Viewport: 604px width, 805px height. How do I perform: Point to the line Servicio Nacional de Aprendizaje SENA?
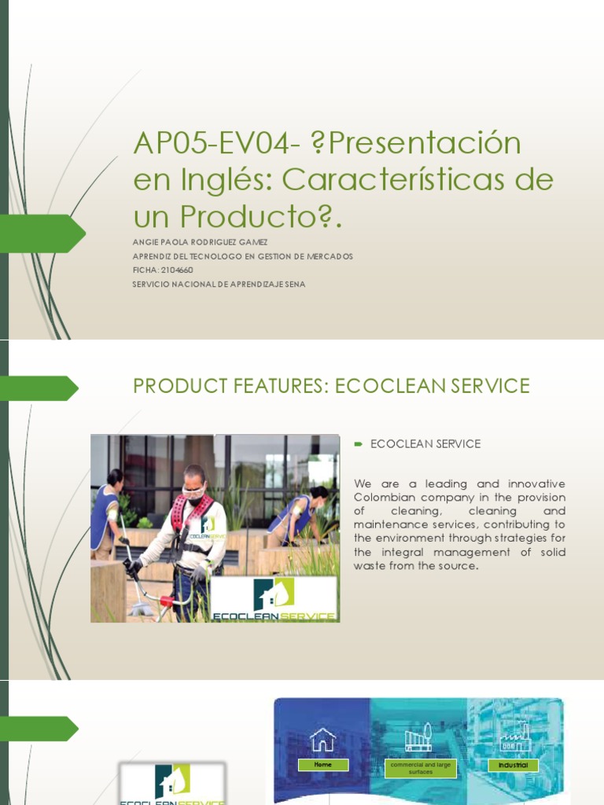pos(219,284)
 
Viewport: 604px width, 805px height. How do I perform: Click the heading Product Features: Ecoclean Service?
pos(331,386)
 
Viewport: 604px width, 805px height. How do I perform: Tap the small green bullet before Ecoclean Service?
pos(358,444)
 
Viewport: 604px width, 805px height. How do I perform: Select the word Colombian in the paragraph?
pos(383,498)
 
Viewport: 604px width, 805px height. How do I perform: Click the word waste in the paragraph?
pos(370,565)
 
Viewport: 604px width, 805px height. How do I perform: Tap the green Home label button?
pos(322,764)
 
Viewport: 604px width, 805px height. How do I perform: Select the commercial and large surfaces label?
pos(420,768)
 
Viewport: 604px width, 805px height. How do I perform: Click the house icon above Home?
pos(322,739)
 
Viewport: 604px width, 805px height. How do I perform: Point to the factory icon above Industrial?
pos(515,737)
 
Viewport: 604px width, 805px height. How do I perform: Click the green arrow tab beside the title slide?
pos(43,233)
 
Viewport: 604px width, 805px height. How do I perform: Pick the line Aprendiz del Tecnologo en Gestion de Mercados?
pos(243,256)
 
